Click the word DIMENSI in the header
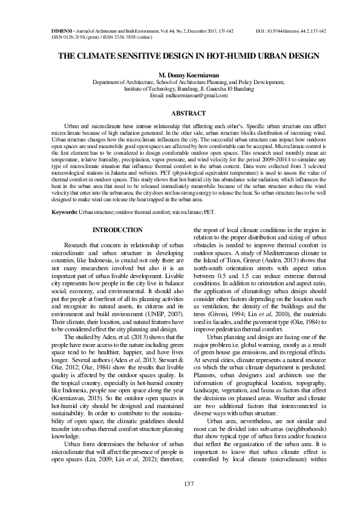coord(61,30)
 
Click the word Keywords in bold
coord(64,212)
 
